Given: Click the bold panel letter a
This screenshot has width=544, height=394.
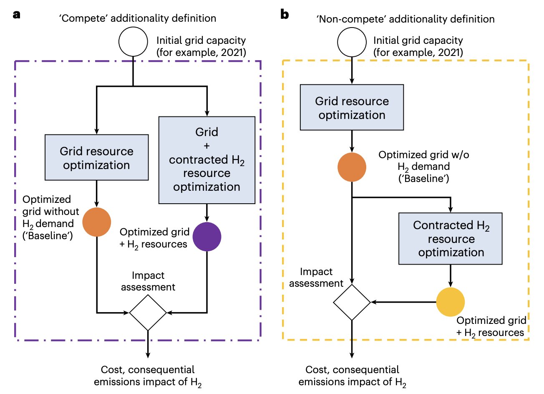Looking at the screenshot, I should click(17, 15).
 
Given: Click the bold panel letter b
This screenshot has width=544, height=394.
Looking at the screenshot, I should click(285, 15).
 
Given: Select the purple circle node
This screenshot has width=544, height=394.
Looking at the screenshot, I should click(207, 237).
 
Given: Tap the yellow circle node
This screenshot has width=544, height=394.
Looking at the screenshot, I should click(451, 302).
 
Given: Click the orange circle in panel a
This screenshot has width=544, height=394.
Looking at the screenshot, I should click(97, 222).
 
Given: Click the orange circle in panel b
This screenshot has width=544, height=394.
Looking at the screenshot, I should click(352, 167).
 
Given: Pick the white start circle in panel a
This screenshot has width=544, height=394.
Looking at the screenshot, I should click(133, 42).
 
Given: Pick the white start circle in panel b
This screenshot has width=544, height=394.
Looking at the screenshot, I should click(352, 42).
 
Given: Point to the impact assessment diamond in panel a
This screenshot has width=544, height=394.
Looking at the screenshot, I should click(148, 312).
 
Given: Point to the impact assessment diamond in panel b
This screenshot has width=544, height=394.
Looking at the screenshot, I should click(352, 302).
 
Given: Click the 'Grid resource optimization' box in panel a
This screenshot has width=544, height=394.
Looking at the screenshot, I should click(97, 157).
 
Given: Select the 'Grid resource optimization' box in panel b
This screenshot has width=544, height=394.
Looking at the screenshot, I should click(352, 108).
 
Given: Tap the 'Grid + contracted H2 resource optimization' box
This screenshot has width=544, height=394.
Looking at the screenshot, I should click(207, 160).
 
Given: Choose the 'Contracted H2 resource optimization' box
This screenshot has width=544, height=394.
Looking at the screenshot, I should click(451, 239).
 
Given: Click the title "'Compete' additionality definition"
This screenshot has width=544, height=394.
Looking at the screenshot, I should click(138, 18).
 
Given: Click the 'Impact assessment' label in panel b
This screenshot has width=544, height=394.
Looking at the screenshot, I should click(316, 278).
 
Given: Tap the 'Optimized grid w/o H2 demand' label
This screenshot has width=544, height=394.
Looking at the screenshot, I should click(423, 167).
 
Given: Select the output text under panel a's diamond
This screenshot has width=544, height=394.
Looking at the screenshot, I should click(148, 376).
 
